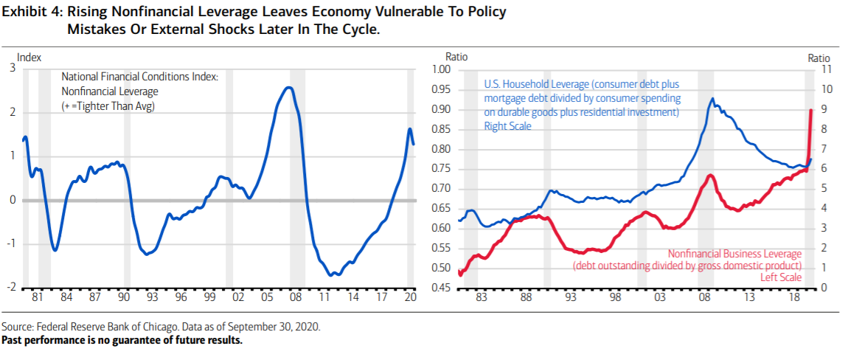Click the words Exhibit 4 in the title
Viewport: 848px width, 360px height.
tap(29, 14)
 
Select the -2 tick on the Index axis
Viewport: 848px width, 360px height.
tap(12, 287)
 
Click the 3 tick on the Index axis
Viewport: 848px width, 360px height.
tap(12, 69)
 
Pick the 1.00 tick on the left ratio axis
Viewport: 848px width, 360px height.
tap(439, 70)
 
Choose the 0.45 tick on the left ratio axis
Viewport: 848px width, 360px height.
tap(439, 287)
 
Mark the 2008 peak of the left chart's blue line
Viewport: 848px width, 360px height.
tap(289, 88)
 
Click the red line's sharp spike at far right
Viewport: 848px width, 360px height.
tap(811, 111)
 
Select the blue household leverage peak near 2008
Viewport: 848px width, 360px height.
tap(712, 99)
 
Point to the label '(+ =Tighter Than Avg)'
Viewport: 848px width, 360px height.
tap(112, 106)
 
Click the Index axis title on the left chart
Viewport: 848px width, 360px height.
tap(29, 57)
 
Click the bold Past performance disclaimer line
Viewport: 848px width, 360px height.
tap(122, 340)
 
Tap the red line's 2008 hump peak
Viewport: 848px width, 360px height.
tap(709, 176)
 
